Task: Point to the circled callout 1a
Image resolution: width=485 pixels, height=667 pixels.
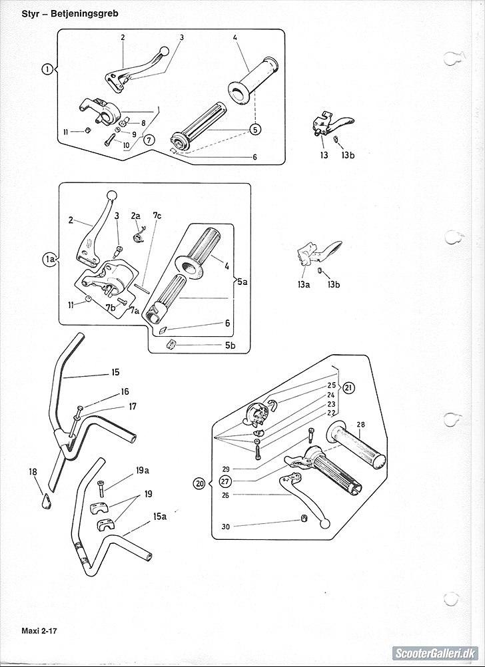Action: (x=49, y=260)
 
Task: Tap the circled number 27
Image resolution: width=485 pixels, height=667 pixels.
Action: (x=225, y=481)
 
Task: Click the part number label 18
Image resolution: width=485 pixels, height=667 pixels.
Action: (x=33, y=472)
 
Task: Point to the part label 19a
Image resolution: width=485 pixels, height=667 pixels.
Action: (x=142, y=471)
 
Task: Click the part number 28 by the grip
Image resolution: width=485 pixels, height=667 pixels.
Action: (x=360, y=424)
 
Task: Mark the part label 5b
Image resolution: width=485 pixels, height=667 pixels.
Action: (x=230, y=345)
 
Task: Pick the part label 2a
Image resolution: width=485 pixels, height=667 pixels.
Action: (x=136, y=216)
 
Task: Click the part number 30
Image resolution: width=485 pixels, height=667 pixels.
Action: (x=226, y=527)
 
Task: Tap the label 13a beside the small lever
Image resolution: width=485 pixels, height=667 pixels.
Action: (x=304, y=284)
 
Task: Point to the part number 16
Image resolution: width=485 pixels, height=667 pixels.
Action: (x=125, y=392)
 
